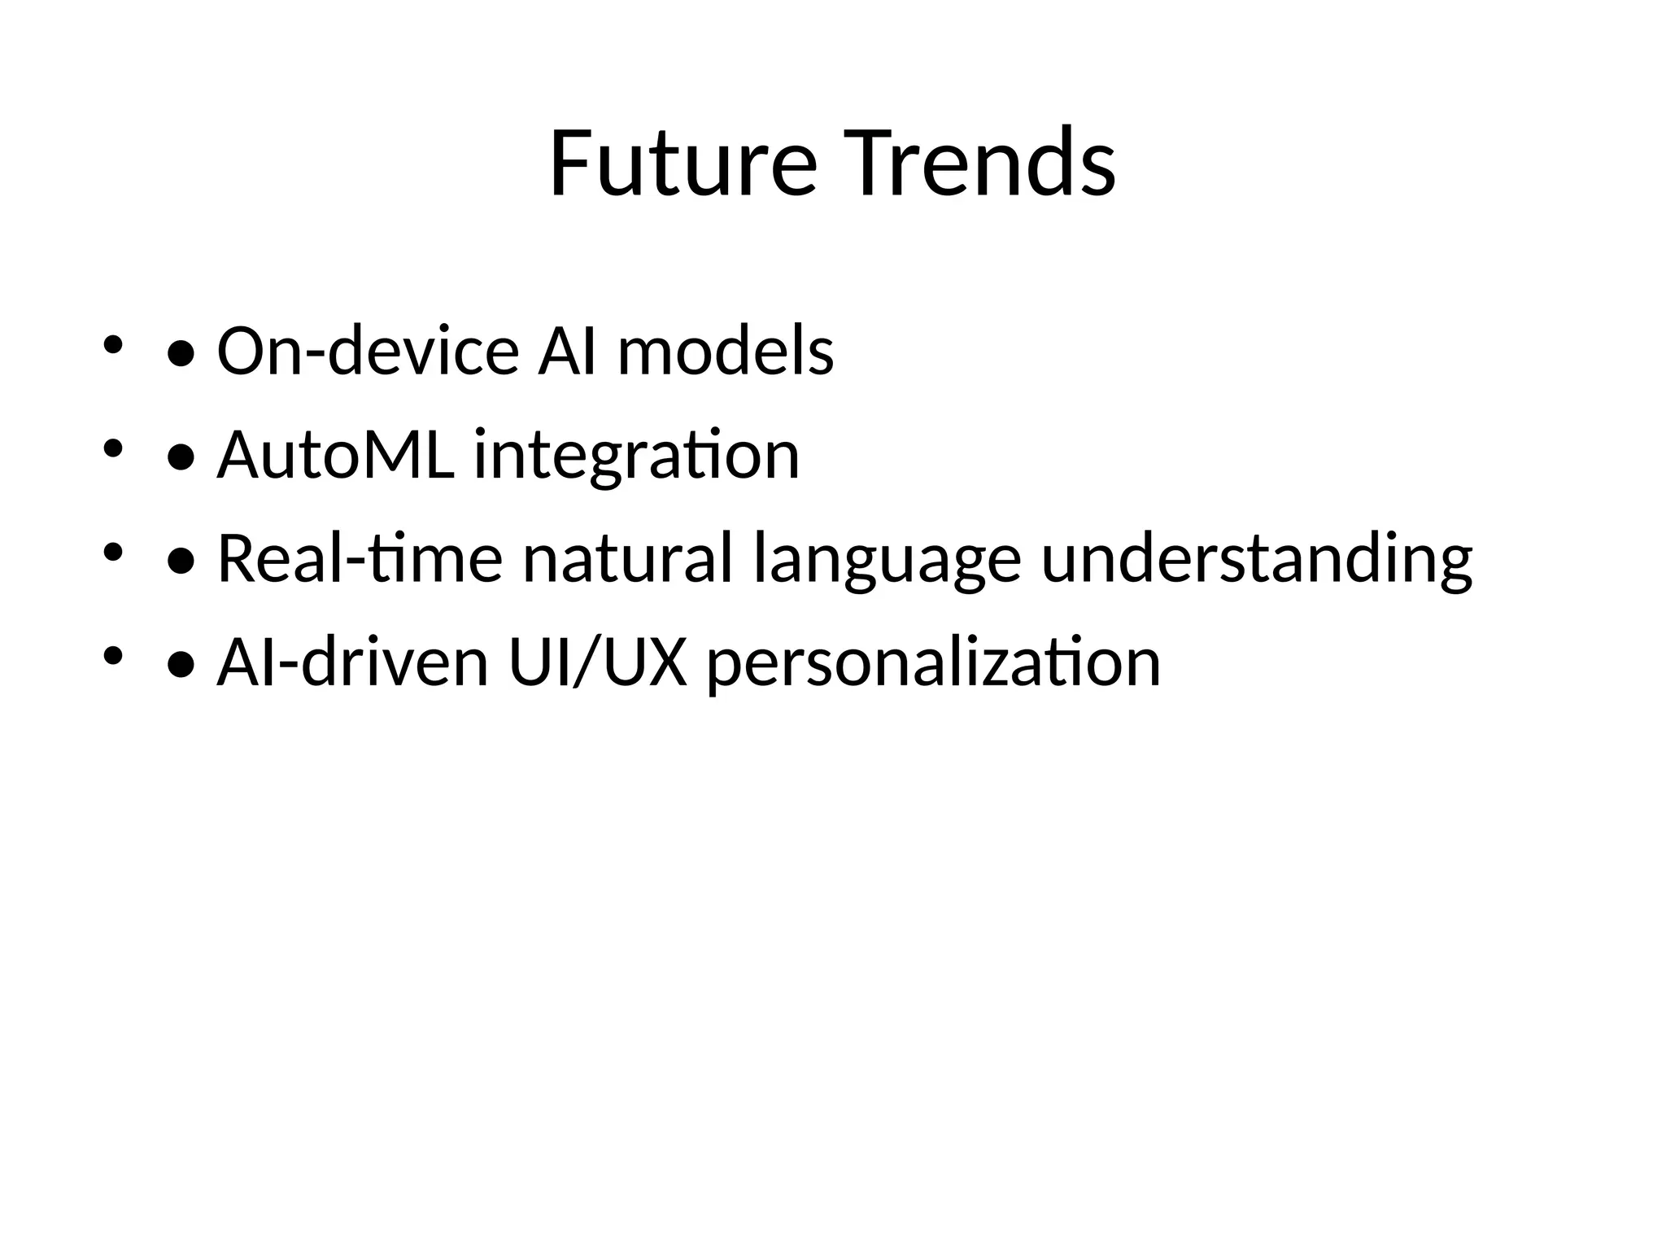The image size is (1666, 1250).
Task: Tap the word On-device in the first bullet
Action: (368, 352)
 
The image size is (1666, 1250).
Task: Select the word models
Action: (726, 352)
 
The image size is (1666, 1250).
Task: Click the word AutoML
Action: (335, 456)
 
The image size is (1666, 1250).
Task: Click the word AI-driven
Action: (352, 663)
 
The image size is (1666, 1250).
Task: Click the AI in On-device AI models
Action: (568, 352)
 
